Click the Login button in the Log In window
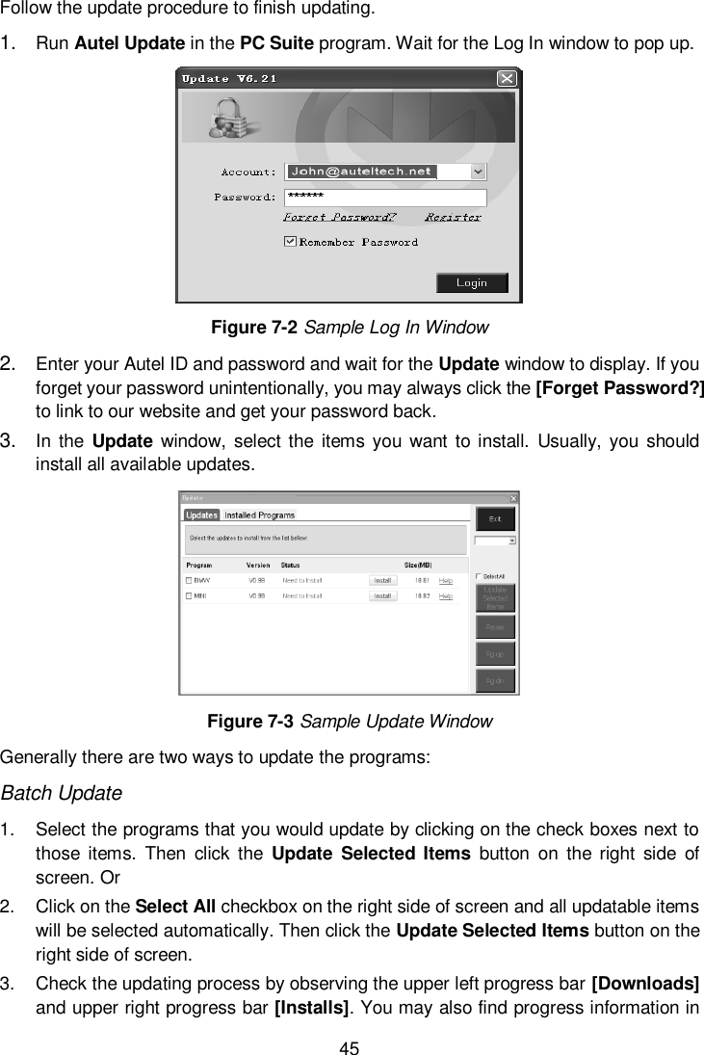click(472, 283)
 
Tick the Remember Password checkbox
click(290, 242)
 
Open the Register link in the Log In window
click(454, 217)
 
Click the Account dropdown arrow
click(479, 171)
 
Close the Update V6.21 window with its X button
click(506, 78)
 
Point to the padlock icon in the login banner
click(226, 119)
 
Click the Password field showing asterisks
click(385, 197)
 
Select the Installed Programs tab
click(259, 515)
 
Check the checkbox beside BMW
click(189, 581)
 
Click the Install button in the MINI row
click(382, 596)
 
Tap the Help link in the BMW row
click(446, 581)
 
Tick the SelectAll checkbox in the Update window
click(480, 576)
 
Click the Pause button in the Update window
click(495, 627)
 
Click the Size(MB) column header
click(416, 565)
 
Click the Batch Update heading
click(62, 794)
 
